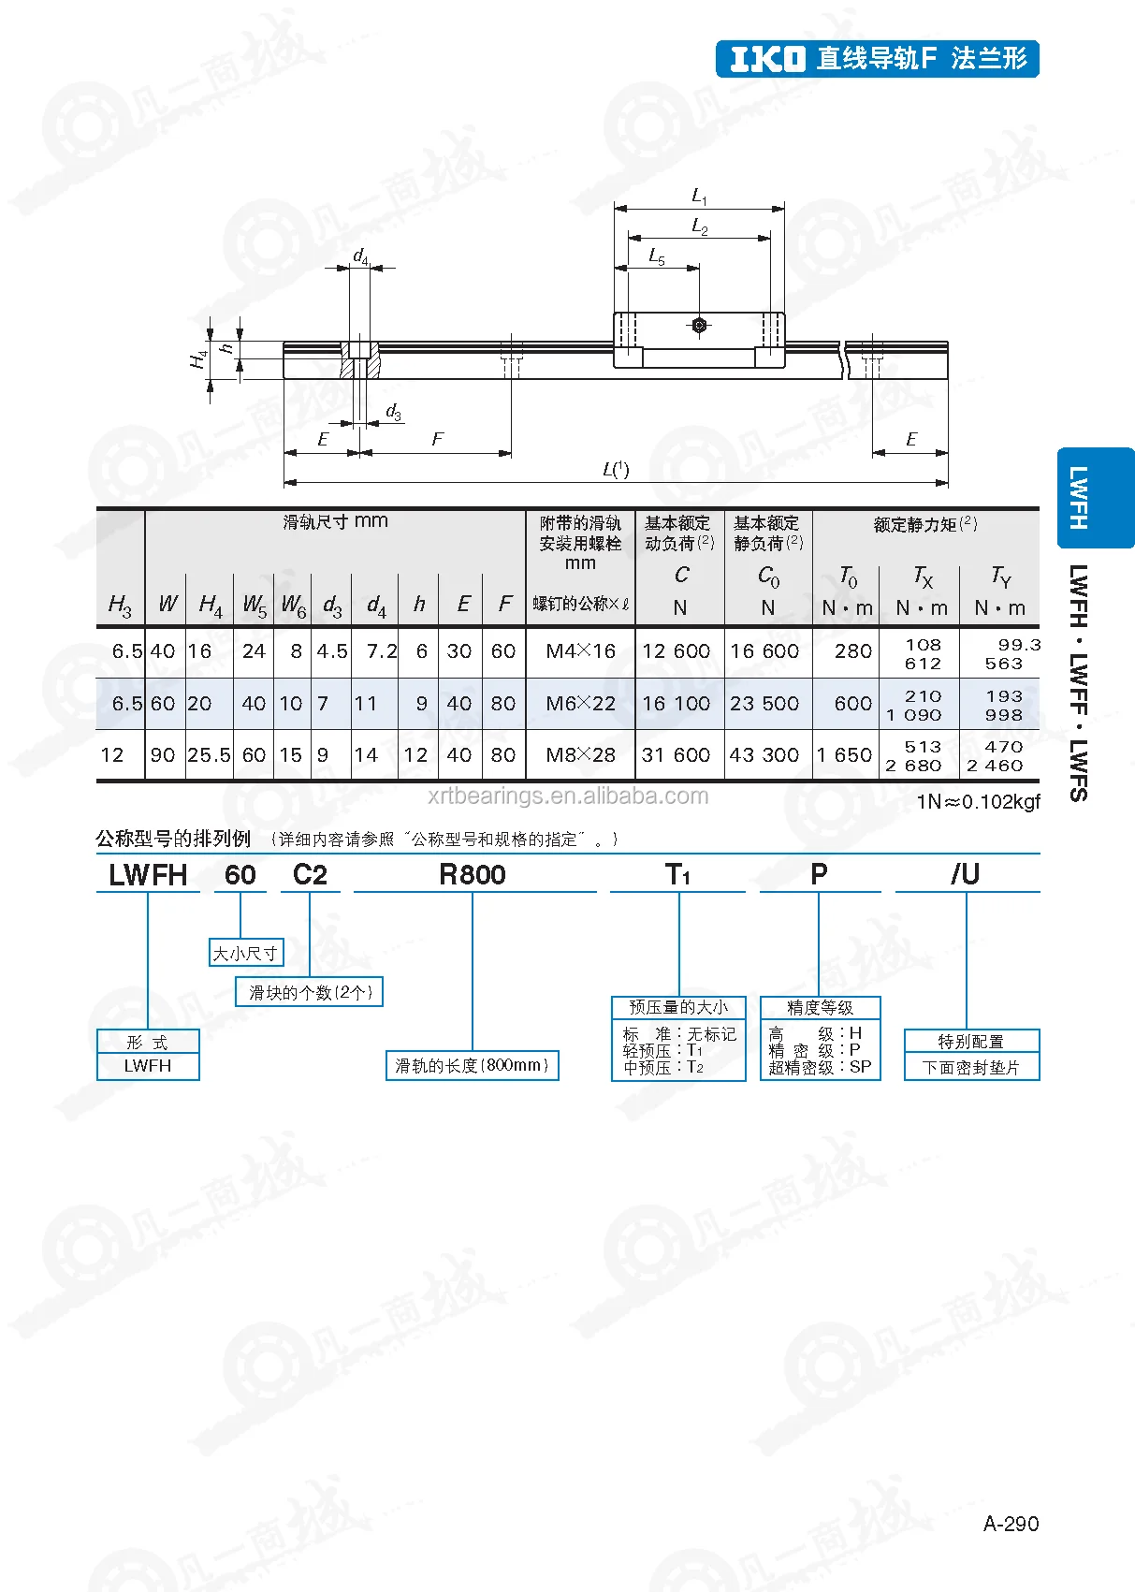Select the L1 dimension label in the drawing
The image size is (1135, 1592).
[x=699, y=196]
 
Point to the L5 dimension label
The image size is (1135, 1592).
[x=657, y=256]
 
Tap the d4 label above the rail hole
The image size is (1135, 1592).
[x=361, y=256]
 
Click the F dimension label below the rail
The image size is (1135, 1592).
[x=437, y=439]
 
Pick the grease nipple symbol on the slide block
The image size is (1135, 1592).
[x=699, y=325]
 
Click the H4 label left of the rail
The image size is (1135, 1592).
[x=198, y=358]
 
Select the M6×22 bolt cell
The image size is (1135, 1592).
[x=580, y=704]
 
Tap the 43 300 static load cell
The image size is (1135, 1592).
[x=764, y=754]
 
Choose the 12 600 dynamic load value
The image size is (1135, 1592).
[x=676, y=651]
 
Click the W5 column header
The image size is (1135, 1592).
[x=255, y=605]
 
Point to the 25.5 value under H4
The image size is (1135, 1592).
[x=209, y=754]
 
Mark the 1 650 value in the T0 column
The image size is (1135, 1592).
[x=844, y=754]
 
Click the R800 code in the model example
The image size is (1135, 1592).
[x=473, y=875]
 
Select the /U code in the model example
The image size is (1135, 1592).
[x=965, y=874]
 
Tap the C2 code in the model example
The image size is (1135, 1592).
[x=310, y=875]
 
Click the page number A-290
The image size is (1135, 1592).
[x=1011, y=1524]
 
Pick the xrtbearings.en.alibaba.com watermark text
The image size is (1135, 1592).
[x=568, y=796]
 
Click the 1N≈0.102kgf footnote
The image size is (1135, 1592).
[x=978, y=802]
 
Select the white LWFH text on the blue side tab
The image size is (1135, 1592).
[x=1079, y=498]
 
